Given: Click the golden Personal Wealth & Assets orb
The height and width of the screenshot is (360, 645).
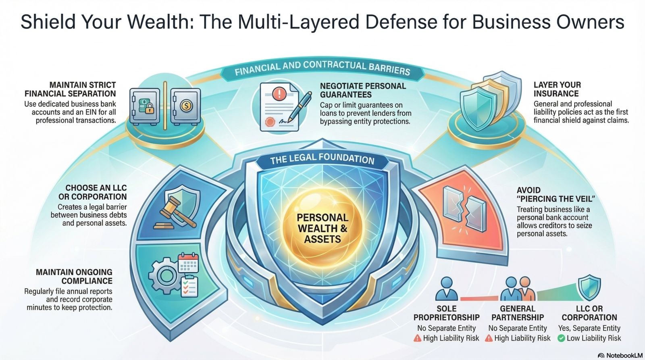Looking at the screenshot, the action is (322, 228).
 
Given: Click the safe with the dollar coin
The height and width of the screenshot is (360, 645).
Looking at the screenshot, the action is (185, 106).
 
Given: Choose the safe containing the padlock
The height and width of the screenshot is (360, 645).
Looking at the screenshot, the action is (145, 106).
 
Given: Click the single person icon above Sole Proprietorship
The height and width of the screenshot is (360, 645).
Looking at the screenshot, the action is (447, 289).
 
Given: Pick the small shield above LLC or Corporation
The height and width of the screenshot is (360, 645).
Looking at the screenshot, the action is (589, 287).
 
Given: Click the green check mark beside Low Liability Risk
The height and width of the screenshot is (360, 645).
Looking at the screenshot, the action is (561, 338).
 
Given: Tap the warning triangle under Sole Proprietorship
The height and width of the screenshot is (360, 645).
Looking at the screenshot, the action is (418, 338).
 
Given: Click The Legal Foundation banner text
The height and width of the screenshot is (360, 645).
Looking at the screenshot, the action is (322, 159).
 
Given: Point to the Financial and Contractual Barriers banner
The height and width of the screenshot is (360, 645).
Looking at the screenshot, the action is (322, 69).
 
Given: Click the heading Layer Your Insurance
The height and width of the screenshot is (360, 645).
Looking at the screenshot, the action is (557, 89).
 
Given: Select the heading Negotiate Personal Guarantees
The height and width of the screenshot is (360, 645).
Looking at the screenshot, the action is (363, 90).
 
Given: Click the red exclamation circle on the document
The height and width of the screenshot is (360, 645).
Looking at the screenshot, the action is (279, 95).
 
